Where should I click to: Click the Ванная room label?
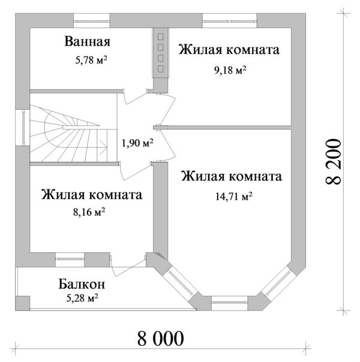coord(88,41)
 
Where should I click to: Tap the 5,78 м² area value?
coord(91,60)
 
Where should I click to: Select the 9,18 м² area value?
coord(230,70)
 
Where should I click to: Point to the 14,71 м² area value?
coord(234,196)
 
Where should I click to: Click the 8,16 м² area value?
coord(89,212)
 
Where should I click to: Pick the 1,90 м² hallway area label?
coord(137,143)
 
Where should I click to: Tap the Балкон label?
coord(82,284)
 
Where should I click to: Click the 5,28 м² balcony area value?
coord(82,298)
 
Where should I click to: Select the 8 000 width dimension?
coord(161,338)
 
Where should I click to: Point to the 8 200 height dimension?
coord(333,162)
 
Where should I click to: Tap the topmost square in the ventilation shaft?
coord(161,37)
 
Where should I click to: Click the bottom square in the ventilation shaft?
coord(161,68)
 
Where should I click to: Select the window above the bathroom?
coord(92,21)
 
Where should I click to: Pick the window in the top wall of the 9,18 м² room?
coord(230,21)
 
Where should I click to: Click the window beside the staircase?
coord(23,128)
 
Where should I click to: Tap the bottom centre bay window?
coord(230,303)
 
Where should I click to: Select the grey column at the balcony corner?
coord(23,303)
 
